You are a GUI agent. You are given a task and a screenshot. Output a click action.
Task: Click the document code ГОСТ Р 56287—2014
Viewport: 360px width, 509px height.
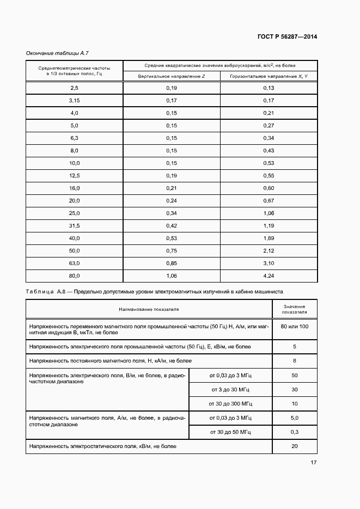[286, 37]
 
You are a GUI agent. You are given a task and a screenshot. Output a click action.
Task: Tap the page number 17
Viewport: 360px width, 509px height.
[313, 463]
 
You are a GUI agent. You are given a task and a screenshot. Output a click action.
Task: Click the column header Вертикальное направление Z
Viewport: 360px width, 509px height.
[172, 76]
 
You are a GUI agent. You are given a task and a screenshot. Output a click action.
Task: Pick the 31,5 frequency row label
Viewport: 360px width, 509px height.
[75, 225]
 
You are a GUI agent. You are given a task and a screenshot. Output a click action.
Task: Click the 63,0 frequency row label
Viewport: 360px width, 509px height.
[75, 263]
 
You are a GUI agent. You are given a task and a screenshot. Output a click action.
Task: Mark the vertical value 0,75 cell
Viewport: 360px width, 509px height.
[172, 250]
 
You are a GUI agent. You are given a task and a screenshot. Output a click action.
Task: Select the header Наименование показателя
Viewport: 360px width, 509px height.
[149, 309]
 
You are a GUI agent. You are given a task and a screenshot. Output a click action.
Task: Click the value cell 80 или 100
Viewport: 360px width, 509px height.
[294, 326]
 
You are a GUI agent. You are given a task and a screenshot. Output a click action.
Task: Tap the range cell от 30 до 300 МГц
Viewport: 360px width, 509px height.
[230, 403]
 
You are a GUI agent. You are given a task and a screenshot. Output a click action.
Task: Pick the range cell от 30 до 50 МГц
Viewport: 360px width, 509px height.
[230, 432]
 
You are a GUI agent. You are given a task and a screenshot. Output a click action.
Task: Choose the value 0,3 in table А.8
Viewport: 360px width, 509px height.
[294, 432]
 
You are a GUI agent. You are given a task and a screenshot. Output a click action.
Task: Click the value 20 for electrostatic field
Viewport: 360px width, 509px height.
[294, 446]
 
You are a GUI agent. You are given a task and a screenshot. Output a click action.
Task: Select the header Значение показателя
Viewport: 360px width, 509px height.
[294, 309]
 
